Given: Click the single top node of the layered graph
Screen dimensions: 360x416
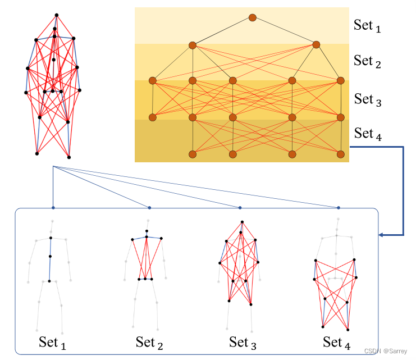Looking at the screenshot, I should (x=253, y=19).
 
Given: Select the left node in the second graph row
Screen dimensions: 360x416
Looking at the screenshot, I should (x=193, y=45).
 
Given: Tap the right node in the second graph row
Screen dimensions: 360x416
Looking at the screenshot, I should (x=316, y=44).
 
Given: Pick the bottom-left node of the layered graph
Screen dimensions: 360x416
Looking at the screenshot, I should (x=193, y=153).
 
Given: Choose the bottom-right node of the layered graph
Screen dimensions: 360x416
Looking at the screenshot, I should (x=340, y=153).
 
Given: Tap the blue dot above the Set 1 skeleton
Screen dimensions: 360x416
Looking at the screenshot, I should (x=52, y=208).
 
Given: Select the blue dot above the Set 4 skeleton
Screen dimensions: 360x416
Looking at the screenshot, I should (x=338, y=208).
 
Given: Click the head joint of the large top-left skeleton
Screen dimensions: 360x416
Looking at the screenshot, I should (x=56, y=15).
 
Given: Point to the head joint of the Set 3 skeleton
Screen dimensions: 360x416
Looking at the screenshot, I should (x=242, y=222).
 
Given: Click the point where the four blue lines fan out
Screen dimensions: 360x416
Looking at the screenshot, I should (x=52, y=167).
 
